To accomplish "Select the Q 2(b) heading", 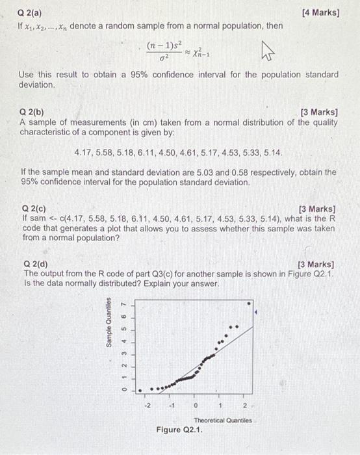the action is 33,112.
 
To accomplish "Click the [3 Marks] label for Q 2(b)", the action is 320,112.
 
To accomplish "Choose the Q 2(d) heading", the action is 33,265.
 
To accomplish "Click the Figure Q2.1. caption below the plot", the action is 179,430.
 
